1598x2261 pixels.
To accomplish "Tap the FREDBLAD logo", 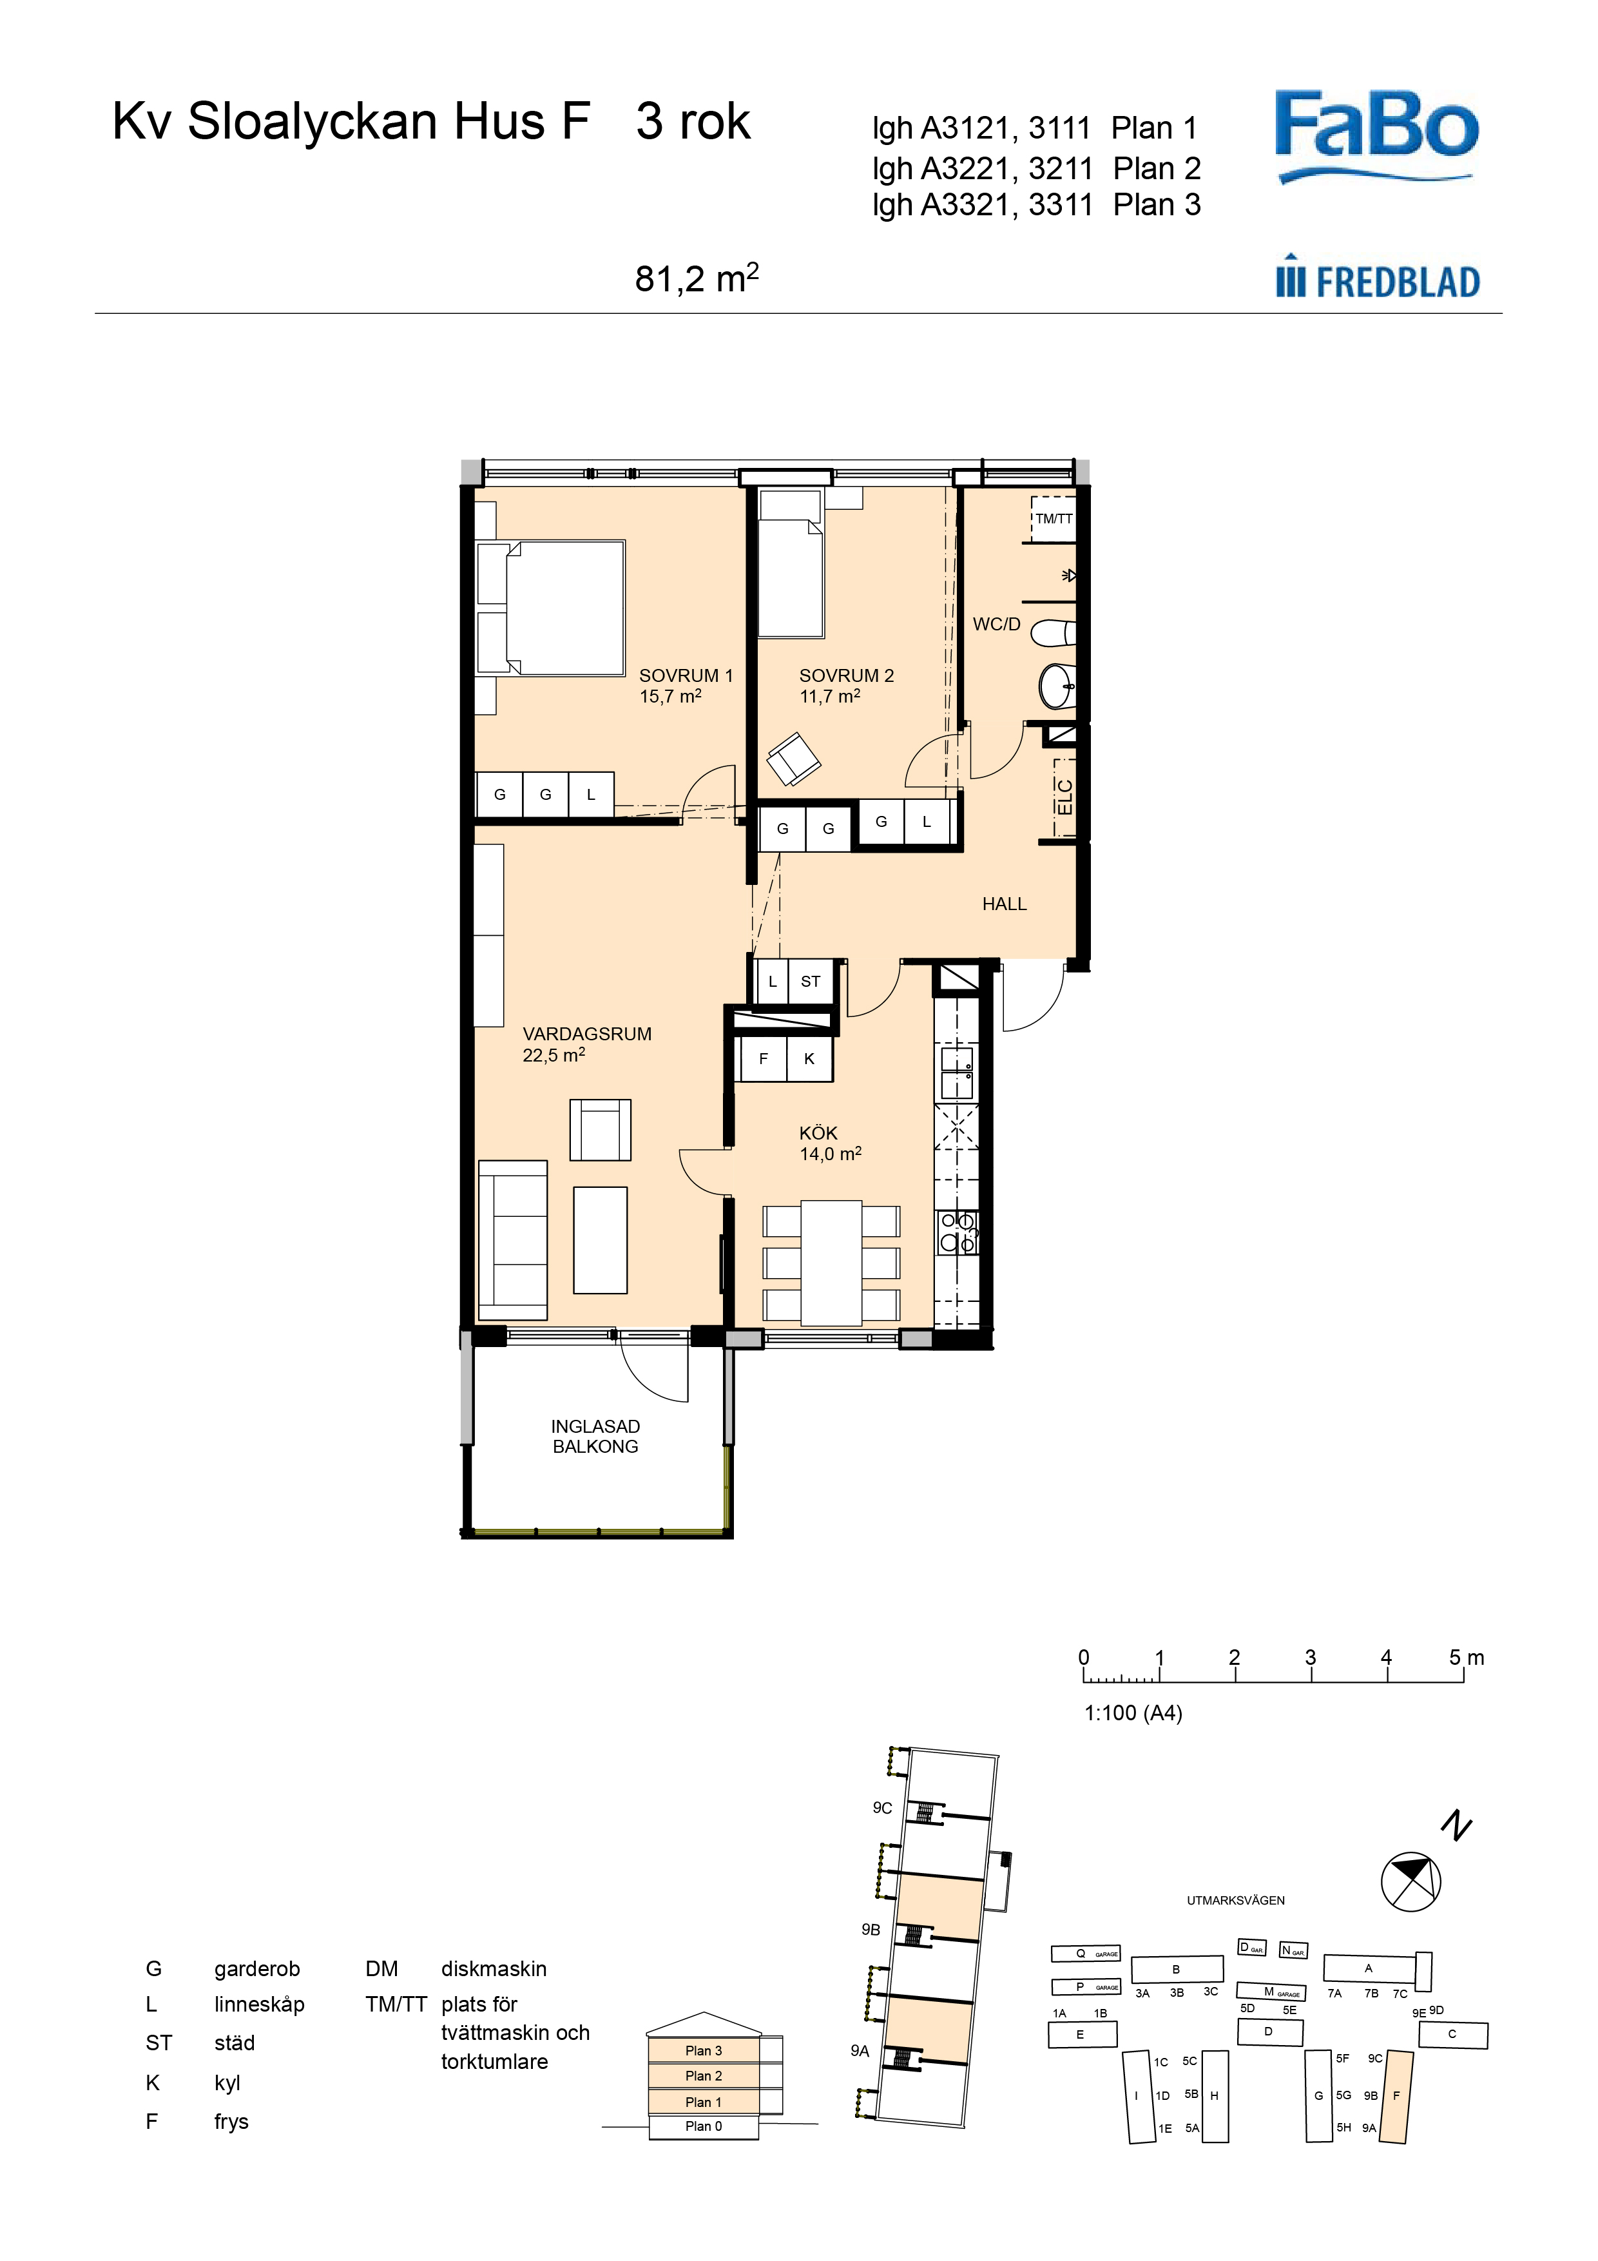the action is point(1378,280).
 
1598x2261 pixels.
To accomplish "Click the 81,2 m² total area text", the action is point(696,278).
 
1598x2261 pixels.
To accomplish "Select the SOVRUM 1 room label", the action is point(686,675).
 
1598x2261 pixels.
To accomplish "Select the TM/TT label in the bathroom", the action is point(1054,518).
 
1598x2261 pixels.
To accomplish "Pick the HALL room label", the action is point(1005,904).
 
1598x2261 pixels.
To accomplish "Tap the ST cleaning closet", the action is point(811,982).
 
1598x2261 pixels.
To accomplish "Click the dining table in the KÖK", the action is point(832,1263).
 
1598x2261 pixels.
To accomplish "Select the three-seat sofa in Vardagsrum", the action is point(512,1240).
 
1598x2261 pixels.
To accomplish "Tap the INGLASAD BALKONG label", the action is point(595,1436).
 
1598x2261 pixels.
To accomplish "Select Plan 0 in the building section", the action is point(704,2126).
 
